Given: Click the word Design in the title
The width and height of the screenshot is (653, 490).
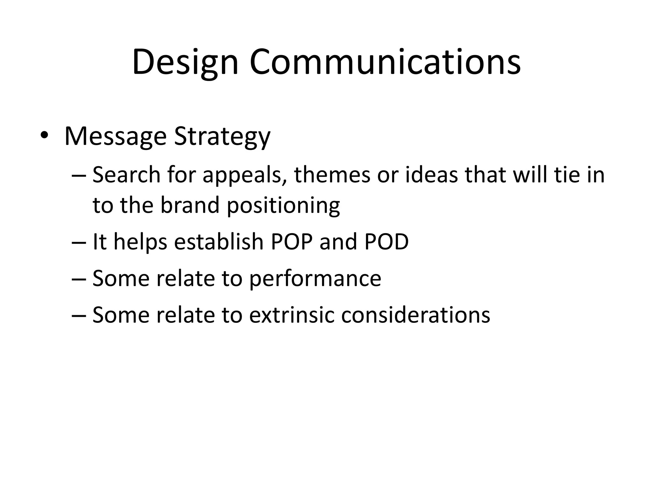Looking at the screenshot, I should click(x=185, y=62).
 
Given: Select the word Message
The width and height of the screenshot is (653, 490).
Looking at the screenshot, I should click(x=115, y=137).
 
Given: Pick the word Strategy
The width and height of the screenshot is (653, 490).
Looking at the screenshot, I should click(x=222, y=137).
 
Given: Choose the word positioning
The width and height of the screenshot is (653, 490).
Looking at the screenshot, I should click(x=283, y=206).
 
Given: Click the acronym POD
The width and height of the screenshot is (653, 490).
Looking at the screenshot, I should click(x=386, y=241).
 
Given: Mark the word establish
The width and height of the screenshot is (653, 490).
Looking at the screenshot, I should click(x=219, y=241).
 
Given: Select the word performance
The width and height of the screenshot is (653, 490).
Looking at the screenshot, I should click(x=315, y=279).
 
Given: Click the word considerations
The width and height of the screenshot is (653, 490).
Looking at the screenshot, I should click(x=415, y=315).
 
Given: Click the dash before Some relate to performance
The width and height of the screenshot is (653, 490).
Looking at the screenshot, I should click(x=79, y=279).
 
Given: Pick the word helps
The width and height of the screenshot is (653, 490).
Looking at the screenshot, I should click(x=140, y=242).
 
